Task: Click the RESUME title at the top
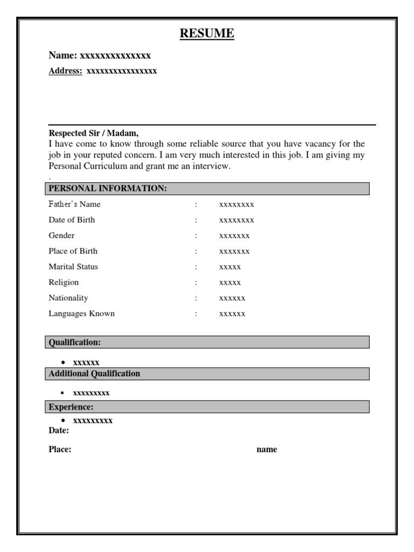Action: point(207,34)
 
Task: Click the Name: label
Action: point(64,56)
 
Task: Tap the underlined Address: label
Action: point(66,71)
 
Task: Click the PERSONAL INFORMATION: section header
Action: point(108,188)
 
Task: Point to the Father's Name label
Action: point(74,204)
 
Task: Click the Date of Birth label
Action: point(72,220)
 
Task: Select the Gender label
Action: point(61,236)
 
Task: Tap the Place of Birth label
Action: point(73,251)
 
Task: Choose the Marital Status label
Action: point(73,267)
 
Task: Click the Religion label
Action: point(64,282)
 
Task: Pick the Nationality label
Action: point(68,298)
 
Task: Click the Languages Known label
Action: point(81,314)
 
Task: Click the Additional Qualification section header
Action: point(94,374)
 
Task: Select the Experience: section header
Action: point(71,407)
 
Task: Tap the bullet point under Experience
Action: point(63,420)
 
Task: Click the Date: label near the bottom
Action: point(59,431)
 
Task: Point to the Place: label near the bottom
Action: point(60,450)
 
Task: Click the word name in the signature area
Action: point(266,450)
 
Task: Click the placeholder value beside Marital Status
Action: point(230,267)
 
